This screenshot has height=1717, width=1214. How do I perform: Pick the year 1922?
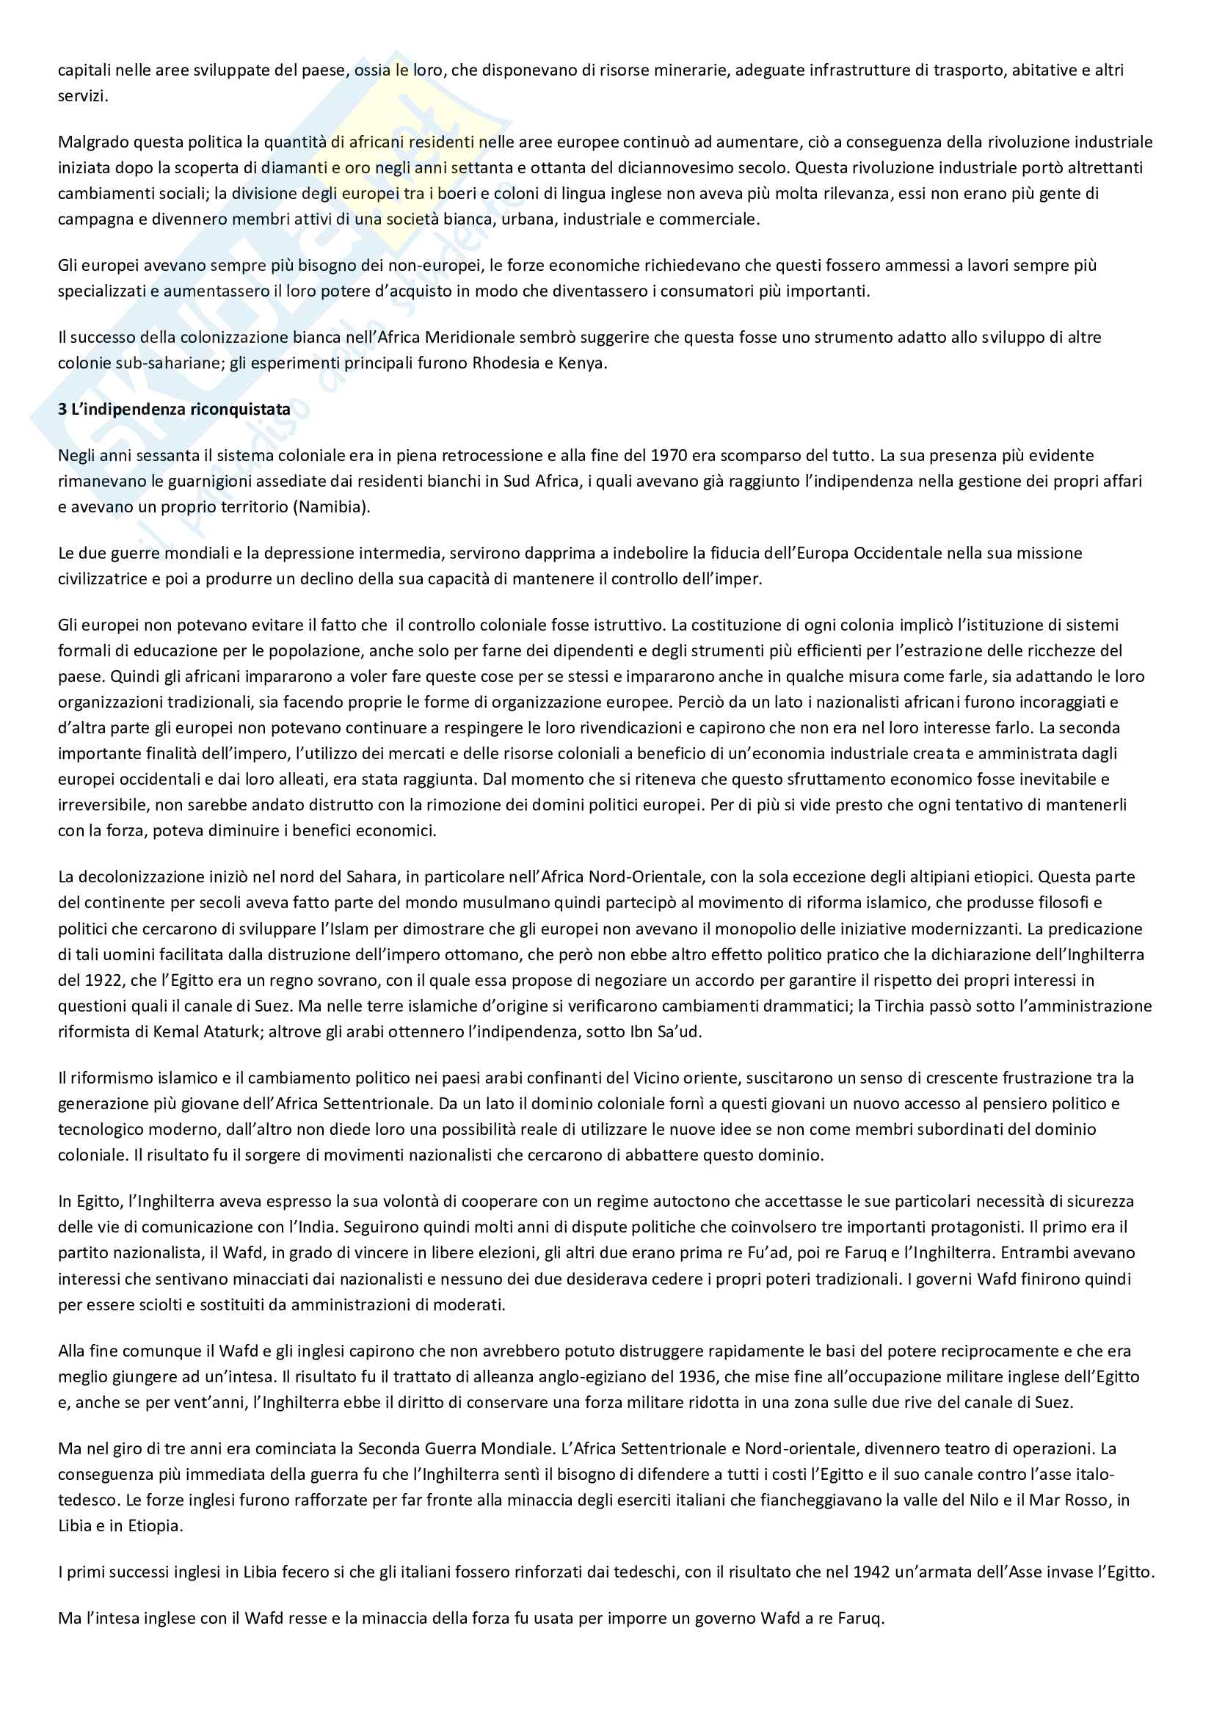coord(92,981)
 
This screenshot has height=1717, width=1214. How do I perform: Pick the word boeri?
coord(444,194)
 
